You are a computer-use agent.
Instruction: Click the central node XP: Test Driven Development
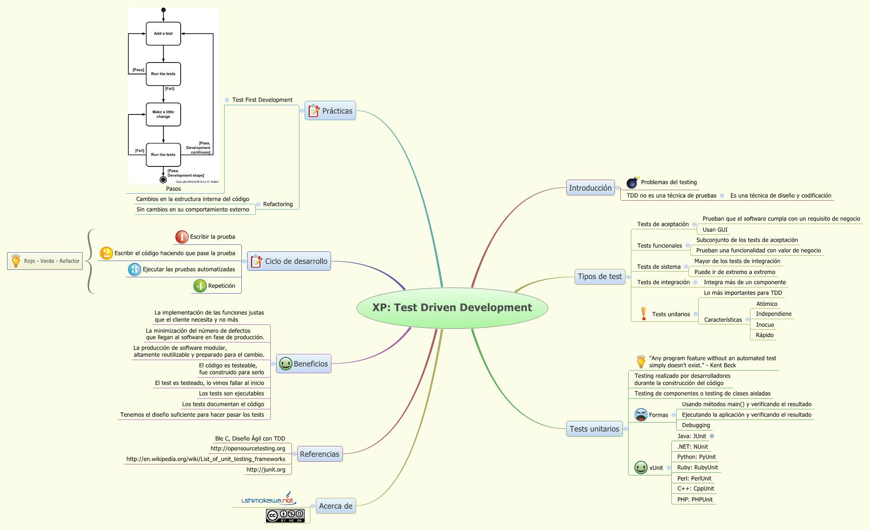(452, 308)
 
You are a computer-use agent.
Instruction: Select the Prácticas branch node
(331, 111)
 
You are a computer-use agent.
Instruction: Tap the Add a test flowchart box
(163, 33)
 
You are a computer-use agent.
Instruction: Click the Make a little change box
(163, 114)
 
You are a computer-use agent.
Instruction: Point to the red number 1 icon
(182, 237)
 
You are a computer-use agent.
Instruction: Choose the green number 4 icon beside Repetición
(200, 286)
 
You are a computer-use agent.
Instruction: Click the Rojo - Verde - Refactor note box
(45, 261)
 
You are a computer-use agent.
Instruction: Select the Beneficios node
(304, 364)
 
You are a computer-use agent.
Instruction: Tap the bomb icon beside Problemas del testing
(632, 182)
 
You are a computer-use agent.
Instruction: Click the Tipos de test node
(600, 277)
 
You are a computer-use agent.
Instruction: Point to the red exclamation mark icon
(644, 314)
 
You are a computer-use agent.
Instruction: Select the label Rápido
(764, 335)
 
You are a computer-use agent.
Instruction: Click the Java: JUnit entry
(692, 436)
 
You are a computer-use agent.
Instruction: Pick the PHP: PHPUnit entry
(695, 500)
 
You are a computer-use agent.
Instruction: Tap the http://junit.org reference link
(266, 470)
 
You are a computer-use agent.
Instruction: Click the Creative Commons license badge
(285, 515)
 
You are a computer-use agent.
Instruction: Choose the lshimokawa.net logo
(269, 499)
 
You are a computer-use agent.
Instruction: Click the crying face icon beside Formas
(641, 415)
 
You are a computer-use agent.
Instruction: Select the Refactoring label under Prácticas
(277, 204)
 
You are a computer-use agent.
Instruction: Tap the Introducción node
(590, 188)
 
